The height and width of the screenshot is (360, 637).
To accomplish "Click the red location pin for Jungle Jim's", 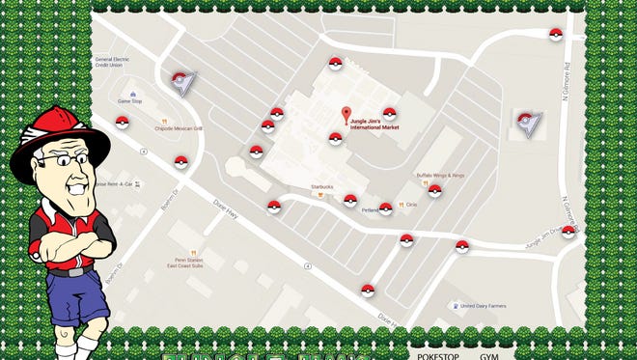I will click(x=346, y=115).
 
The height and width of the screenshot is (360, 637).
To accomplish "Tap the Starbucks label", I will click(x=321, y=187).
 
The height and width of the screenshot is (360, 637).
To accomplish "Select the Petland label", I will click(x=370, y=209).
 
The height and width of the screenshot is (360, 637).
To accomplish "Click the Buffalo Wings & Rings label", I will click(x=440, y=175).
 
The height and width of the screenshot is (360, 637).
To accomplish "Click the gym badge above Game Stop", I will click(x=181, y=82).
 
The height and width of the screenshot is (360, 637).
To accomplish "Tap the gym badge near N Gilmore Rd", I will click(x=529, y=122).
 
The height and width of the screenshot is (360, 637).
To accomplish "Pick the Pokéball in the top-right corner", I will click(x=555, y=36).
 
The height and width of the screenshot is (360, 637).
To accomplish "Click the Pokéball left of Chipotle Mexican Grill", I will click(x=123, y=122).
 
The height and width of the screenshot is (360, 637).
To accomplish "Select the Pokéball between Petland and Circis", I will click(x=386, y=208).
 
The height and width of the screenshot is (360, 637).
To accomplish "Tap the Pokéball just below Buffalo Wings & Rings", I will click(x=434, y=190).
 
